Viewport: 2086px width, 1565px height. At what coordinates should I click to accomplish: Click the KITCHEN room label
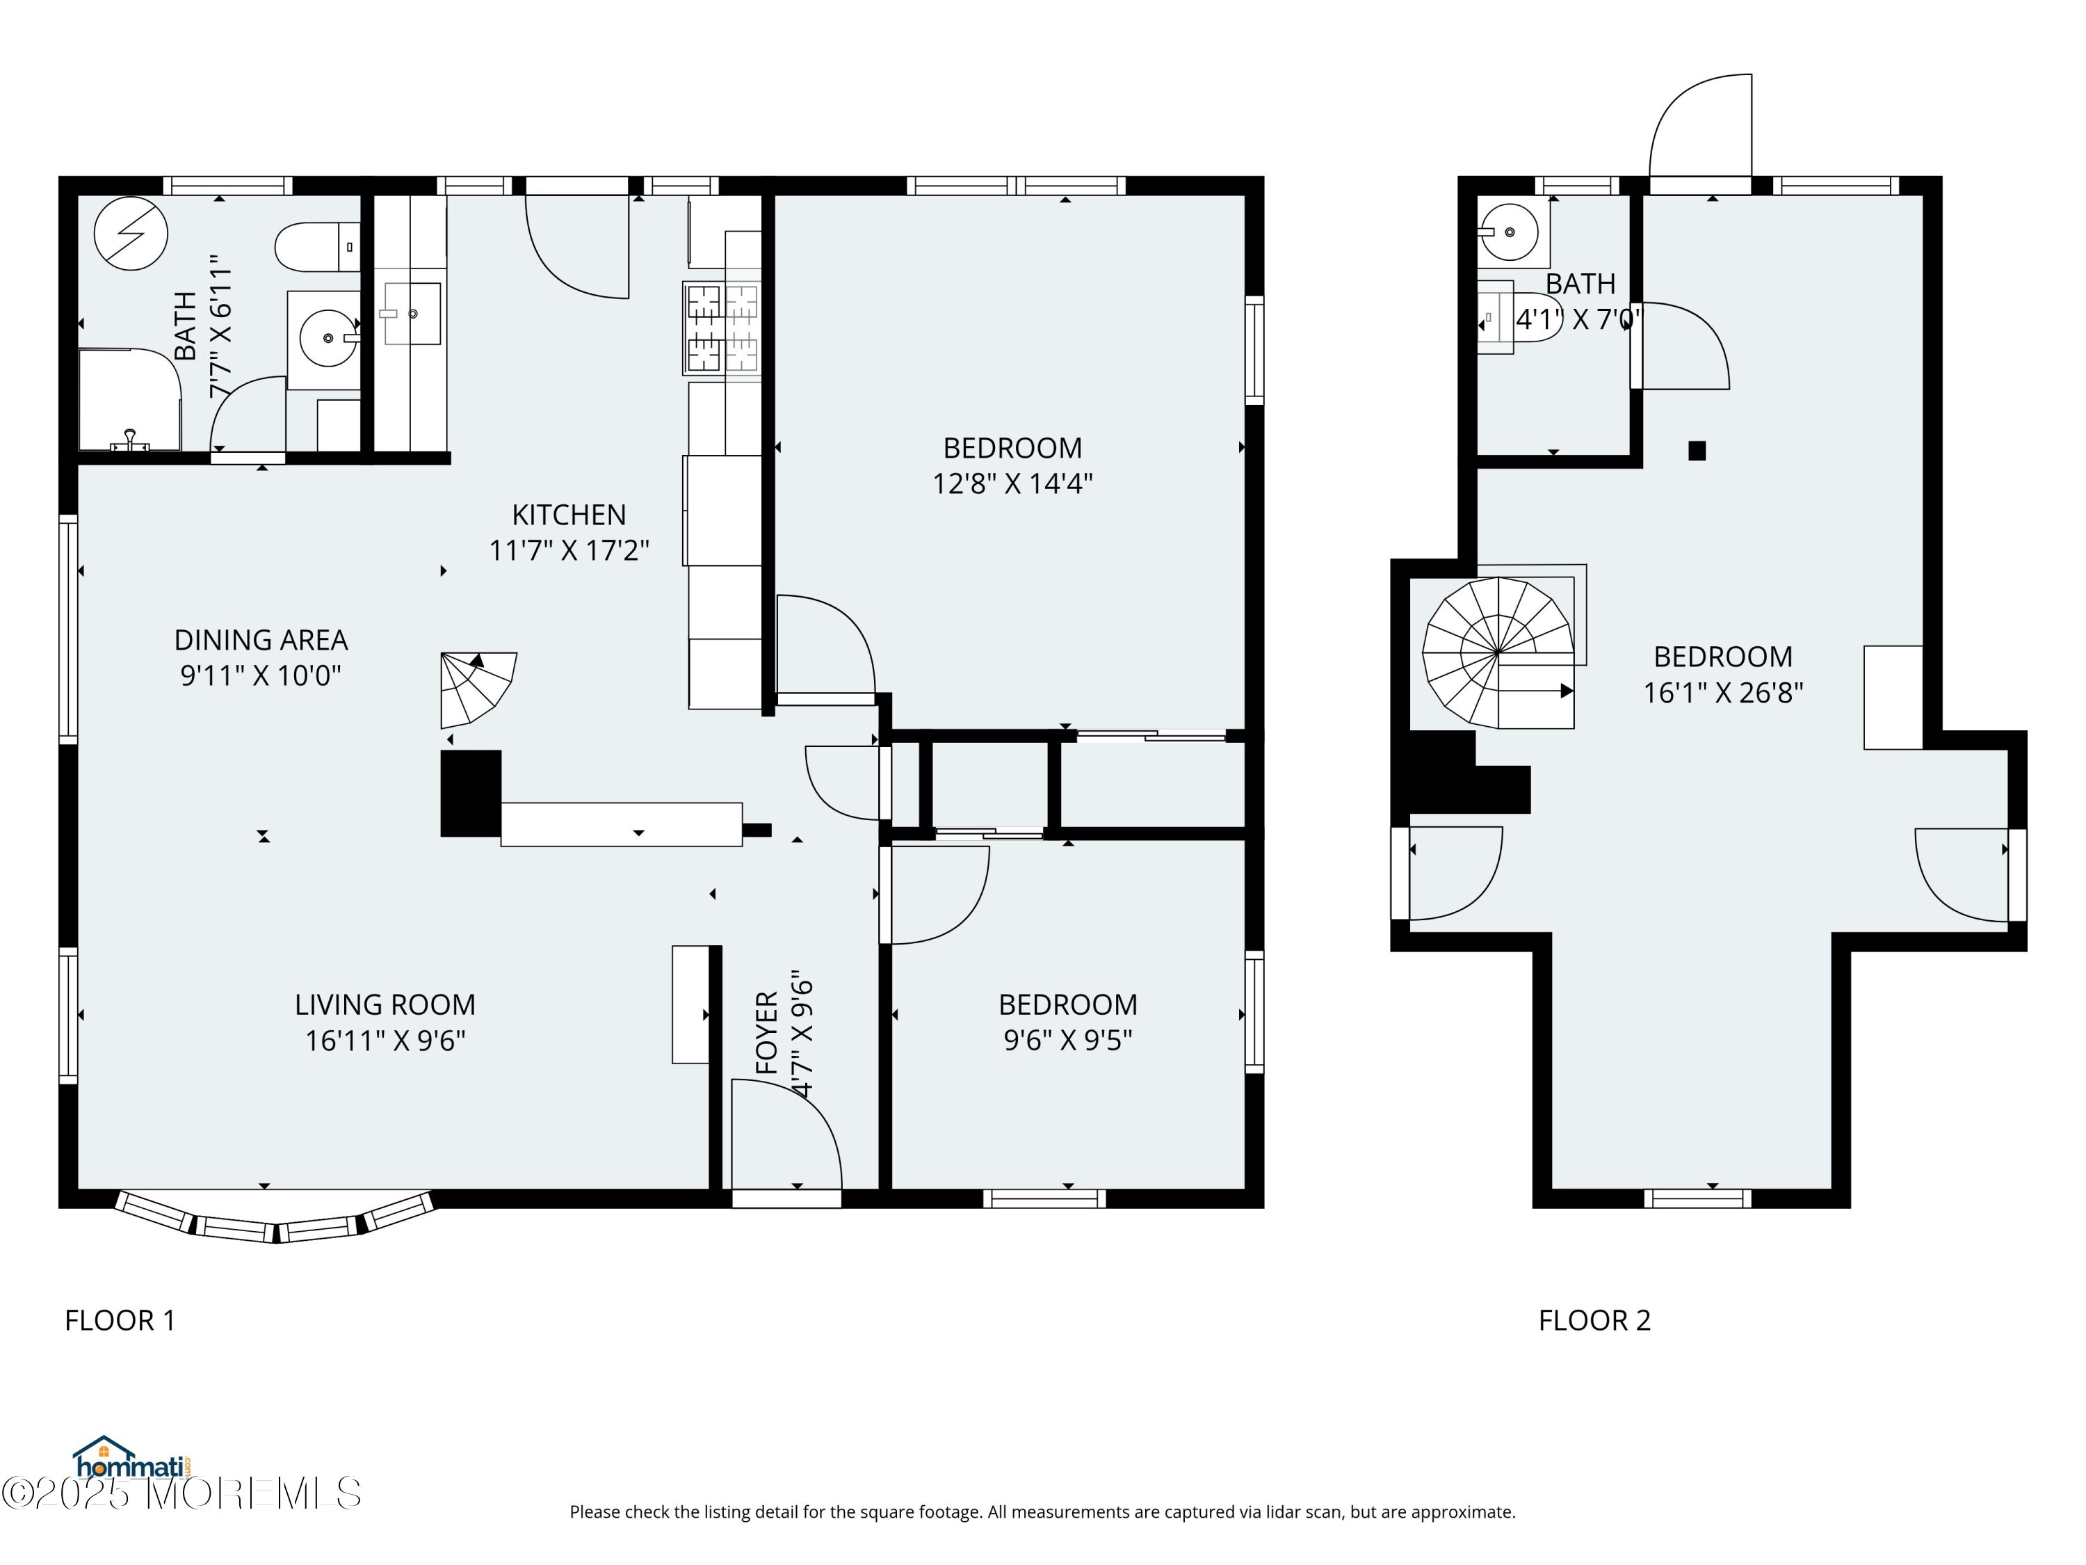(x=569, y=515)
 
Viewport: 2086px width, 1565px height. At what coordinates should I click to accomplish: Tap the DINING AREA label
(x=261, y=641)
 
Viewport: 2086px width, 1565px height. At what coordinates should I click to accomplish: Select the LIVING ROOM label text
(x=385, y=1004)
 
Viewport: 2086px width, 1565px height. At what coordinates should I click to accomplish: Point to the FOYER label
(x=767, y=1032)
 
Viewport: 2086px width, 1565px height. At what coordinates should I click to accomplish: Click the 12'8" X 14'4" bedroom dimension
(x=1013, y=483)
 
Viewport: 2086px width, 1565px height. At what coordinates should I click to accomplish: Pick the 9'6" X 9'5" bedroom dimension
(x=1067, y=1040)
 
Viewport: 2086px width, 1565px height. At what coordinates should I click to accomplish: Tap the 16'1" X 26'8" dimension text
(x=1723, y=692)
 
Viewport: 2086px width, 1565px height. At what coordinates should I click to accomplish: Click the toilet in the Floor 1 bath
(x=318, y=247)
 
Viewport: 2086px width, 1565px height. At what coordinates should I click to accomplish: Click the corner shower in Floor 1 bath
(x=129, y=400)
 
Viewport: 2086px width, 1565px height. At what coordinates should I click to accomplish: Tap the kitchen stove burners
(x=722, y=328)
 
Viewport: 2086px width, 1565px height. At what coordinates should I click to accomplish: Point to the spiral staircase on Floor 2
(x=1498, y=652)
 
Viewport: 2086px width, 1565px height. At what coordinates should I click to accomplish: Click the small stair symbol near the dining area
(x=476, y=689)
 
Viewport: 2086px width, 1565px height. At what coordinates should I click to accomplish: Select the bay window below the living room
(x=275, y=1219)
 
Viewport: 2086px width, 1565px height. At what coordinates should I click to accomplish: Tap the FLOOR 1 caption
(x=120, y=1321)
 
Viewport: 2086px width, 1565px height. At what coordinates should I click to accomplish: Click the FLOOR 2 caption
(x=1594, y=1321)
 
